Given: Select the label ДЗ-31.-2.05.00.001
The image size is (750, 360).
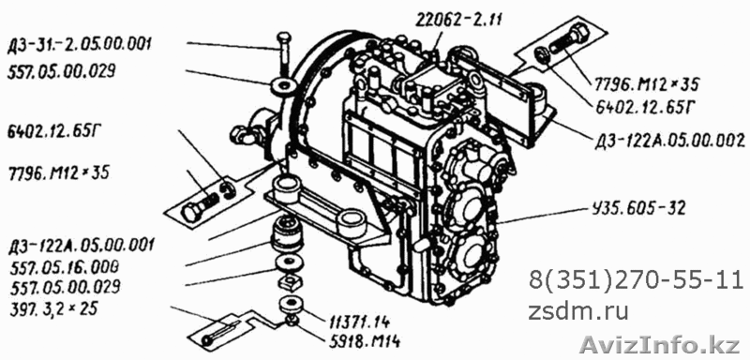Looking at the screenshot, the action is click(x=80, y=45).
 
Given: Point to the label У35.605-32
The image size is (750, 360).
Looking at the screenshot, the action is click(x=637, y=208).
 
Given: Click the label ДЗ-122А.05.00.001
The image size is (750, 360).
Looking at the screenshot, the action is click(x=81, y=246).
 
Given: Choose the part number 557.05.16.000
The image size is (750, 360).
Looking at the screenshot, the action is click(x=64, y=266).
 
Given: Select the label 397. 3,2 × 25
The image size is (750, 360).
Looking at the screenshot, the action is click(x=53, y=308).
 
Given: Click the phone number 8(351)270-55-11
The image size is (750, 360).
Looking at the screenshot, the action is click(x=636, y=280).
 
